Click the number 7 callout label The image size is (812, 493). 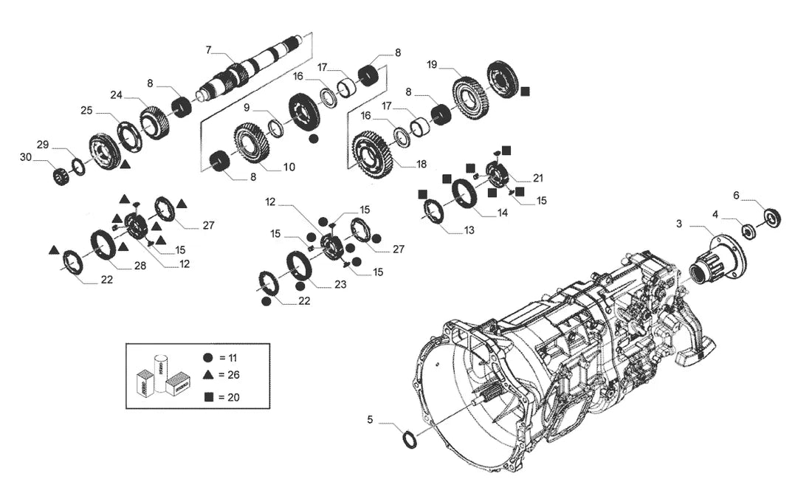click(x=208, y=49)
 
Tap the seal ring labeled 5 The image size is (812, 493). click(x=410, y=438)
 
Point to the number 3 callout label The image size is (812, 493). click(x=679, y=224)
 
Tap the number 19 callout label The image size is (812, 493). click(x=432, y=65)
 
